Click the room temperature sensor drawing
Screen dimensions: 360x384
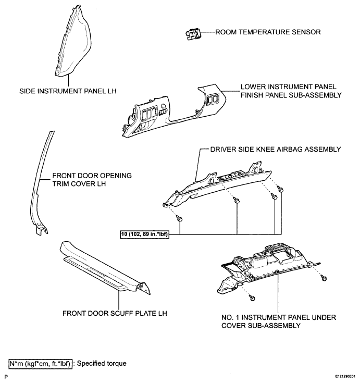tap(193, 34)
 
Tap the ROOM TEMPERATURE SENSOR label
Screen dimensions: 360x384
tap(268, 32)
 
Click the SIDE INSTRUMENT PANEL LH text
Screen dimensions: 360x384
tap(68, 91)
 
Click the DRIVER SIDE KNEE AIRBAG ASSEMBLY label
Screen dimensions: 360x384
tap(276, 150)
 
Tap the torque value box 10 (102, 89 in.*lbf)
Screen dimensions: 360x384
tap(144, 234)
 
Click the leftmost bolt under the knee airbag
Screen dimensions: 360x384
tap(180, 218)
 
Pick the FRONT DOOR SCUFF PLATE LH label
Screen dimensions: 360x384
tap(115, 314)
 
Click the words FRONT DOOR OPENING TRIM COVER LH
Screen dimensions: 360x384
tap(92, 180)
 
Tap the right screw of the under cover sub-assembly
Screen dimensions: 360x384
tap(324, 278)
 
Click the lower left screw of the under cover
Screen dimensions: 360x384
tap(252, 298)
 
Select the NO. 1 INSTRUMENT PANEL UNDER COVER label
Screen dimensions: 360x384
tap(279, 321)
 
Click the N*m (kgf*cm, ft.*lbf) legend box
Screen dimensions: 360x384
tap(41, 364)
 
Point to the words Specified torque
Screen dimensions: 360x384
tap(102, 364)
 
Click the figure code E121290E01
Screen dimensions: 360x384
tap(345, 376)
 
